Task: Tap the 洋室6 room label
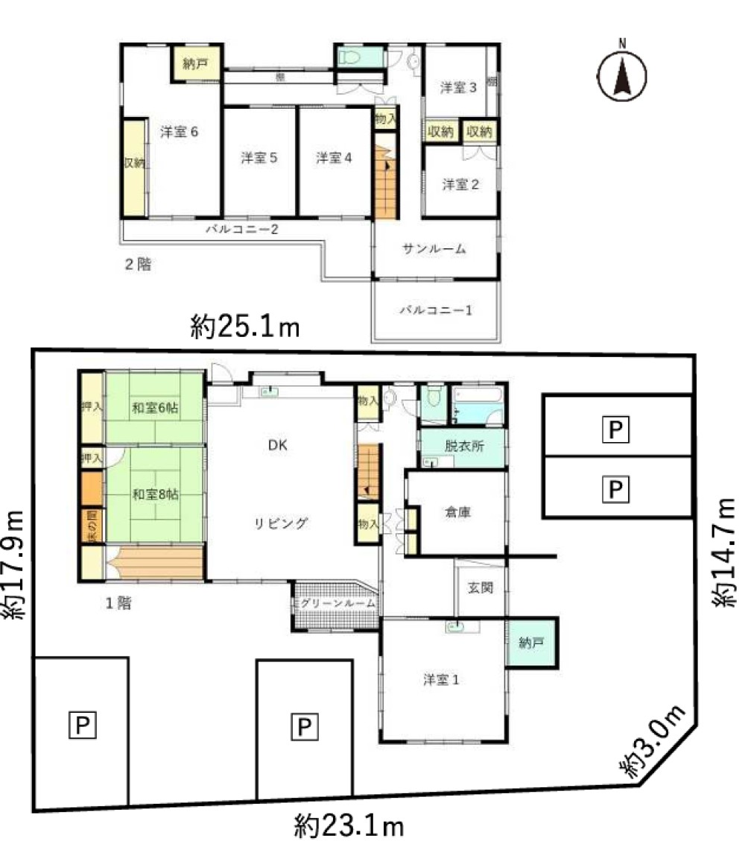(x=179, y=132)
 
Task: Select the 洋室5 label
(x=259, y=157)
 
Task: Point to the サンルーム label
(x=434, y=249)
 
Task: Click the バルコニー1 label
(x=435, y=309)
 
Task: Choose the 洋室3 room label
(x=457, y=87)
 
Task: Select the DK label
(x=277, y=445)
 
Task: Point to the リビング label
(x=279, y=523)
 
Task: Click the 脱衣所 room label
(x=463, y=446)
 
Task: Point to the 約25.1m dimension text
(x=244, y=326)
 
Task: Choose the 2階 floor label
(x=138, y=263)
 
